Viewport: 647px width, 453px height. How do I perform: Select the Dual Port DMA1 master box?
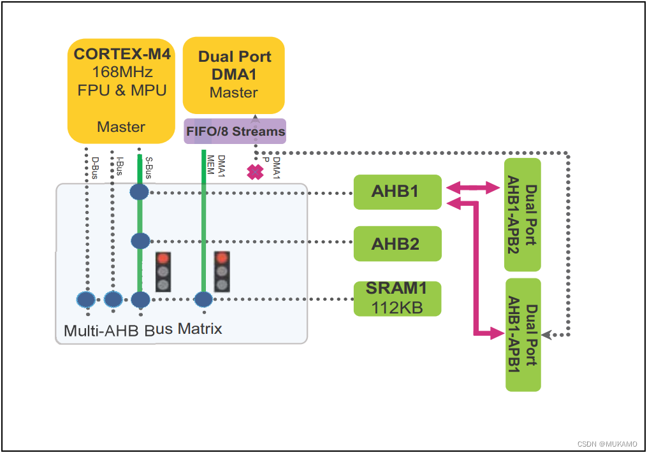[234, 75]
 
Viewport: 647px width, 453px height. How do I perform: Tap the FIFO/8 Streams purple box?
[235, 131]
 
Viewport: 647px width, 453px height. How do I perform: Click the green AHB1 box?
[398, 191]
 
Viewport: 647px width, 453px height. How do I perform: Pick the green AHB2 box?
[398, 243]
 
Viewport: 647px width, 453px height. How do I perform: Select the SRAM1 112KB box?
[398, 298]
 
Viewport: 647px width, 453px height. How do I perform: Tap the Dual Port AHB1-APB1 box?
[523, 334]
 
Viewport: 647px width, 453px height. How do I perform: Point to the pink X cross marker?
[255, 172]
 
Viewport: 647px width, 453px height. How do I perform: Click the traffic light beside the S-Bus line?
[164, 271]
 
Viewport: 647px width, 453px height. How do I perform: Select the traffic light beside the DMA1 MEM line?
[221, 271]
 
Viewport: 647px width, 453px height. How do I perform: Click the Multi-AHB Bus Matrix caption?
[143, 329]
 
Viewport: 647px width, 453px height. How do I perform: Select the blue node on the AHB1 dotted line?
[139, 191]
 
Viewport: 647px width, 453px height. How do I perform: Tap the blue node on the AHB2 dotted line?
[140, 241]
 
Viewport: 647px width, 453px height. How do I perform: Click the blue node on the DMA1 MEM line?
[203, 299]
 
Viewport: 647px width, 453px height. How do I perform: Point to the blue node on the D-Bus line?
[86, 299]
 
